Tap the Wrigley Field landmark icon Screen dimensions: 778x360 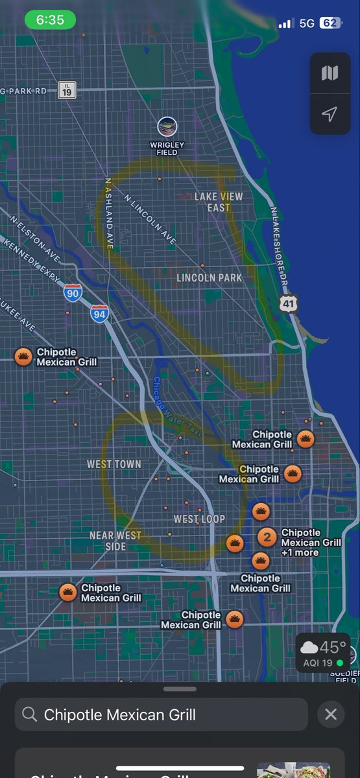tap(167, 126)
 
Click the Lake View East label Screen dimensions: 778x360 tap(219, 202)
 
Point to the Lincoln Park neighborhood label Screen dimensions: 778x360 tap(210, 277)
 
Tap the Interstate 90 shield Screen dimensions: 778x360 tap(73, 294)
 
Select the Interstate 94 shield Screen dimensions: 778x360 tap(99, 314)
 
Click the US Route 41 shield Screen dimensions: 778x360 tap(289, 303)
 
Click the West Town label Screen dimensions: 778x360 tap(114, 464)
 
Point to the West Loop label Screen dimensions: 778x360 tap(199, 519)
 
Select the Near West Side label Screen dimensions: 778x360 tap(115, 541)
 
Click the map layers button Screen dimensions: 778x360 tap(330, 73)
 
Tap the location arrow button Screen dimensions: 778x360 tap(330, 115)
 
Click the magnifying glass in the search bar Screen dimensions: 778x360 tap(29, 714)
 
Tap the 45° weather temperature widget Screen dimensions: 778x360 tap(323, 652)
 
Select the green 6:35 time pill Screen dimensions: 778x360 tap(50, 20)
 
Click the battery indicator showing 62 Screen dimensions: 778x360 tap(330, 23)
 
